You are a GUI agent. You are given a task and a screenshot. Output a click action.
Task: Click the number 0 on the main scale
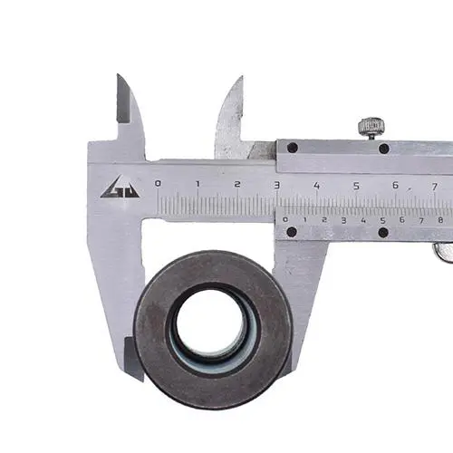pos(158,183)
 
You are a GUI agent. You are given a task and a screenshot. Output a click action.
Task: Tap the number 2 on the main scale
pos(237,184)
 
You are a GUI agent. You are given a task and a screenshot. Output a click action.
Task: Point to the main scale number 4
pos(316,186)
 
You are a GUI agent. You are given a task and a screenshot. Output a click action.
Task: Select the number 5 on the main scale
pos(356,186)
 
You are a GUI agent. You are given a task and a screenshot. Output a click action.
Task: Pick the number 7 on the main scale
pos(435,187)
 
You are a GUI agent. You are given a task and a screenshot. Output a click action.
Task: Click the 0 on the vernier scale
pos(285,219)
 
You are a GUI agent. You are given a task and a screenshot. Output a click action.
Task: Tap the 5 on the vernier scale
pos(383,220)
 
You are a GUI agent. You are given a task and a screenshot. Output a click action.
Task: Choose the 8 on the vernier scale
pos(440,220)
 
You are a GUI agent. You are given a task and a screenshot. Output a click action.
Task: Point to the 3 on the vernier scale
pos(343,220)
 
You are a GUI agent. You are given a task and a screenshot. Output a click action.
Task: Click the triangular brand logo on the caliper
pos(120,188)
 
